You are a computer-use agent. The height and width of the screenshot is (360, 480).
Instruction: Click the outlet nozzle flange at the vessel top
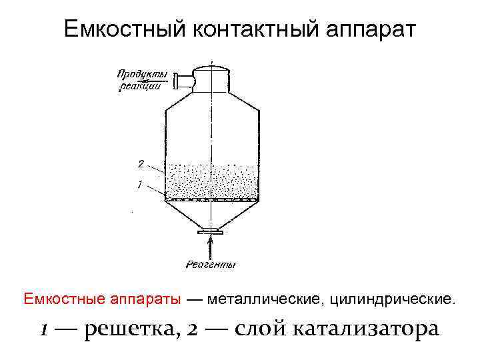(x=177, y=81)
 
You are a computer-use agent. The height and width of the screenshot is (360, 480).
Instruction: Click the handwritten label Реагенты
(x=211, y=265)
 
